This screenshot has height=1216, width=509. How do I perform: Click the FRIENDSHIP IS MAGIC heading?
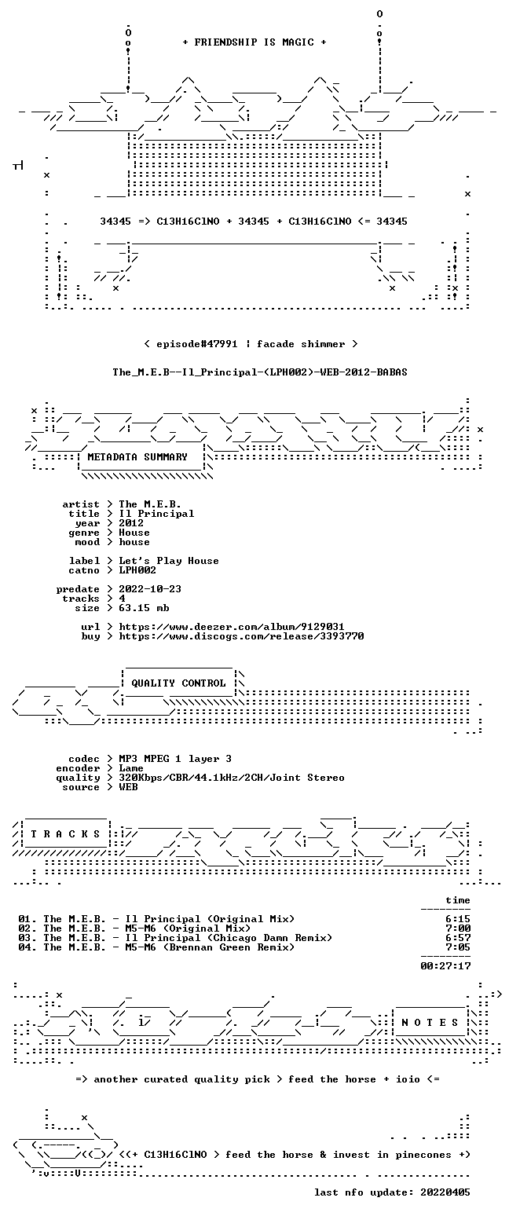255,42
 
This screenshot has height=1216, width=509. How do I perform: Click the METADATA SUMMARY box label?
137,457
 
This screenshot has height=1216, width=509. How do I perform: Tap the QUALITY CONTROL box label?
178,683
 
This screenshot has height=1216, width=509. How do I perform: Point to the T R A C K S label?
66,833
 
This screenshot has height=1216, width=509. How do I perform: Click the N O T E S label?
430,1022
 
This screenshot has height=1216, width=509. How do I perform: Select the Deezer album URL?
232,627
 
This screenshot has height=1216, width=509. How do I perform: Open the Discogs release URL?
241,636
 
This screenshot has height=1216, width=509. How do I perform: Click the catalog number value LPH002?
137,570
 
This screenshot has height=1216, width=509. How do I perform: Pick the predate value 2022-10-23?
150,589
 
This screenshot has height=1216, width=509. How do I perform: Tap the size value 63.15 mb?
144,608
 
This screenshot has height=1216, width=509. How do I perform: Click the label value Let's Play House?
169,561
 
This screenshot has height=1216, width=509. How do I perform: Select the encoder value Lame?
131,768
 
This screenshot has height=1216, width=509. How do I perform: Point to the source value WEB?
128,787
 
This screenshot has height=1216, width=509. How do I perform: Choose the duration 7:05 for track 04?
458,947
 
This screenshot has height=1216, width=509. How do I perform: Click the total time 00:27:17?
445,966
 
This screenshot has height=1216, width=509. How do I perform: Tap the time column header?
458,900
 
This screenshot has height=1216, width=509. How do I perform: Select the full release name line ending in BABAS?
260,372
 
